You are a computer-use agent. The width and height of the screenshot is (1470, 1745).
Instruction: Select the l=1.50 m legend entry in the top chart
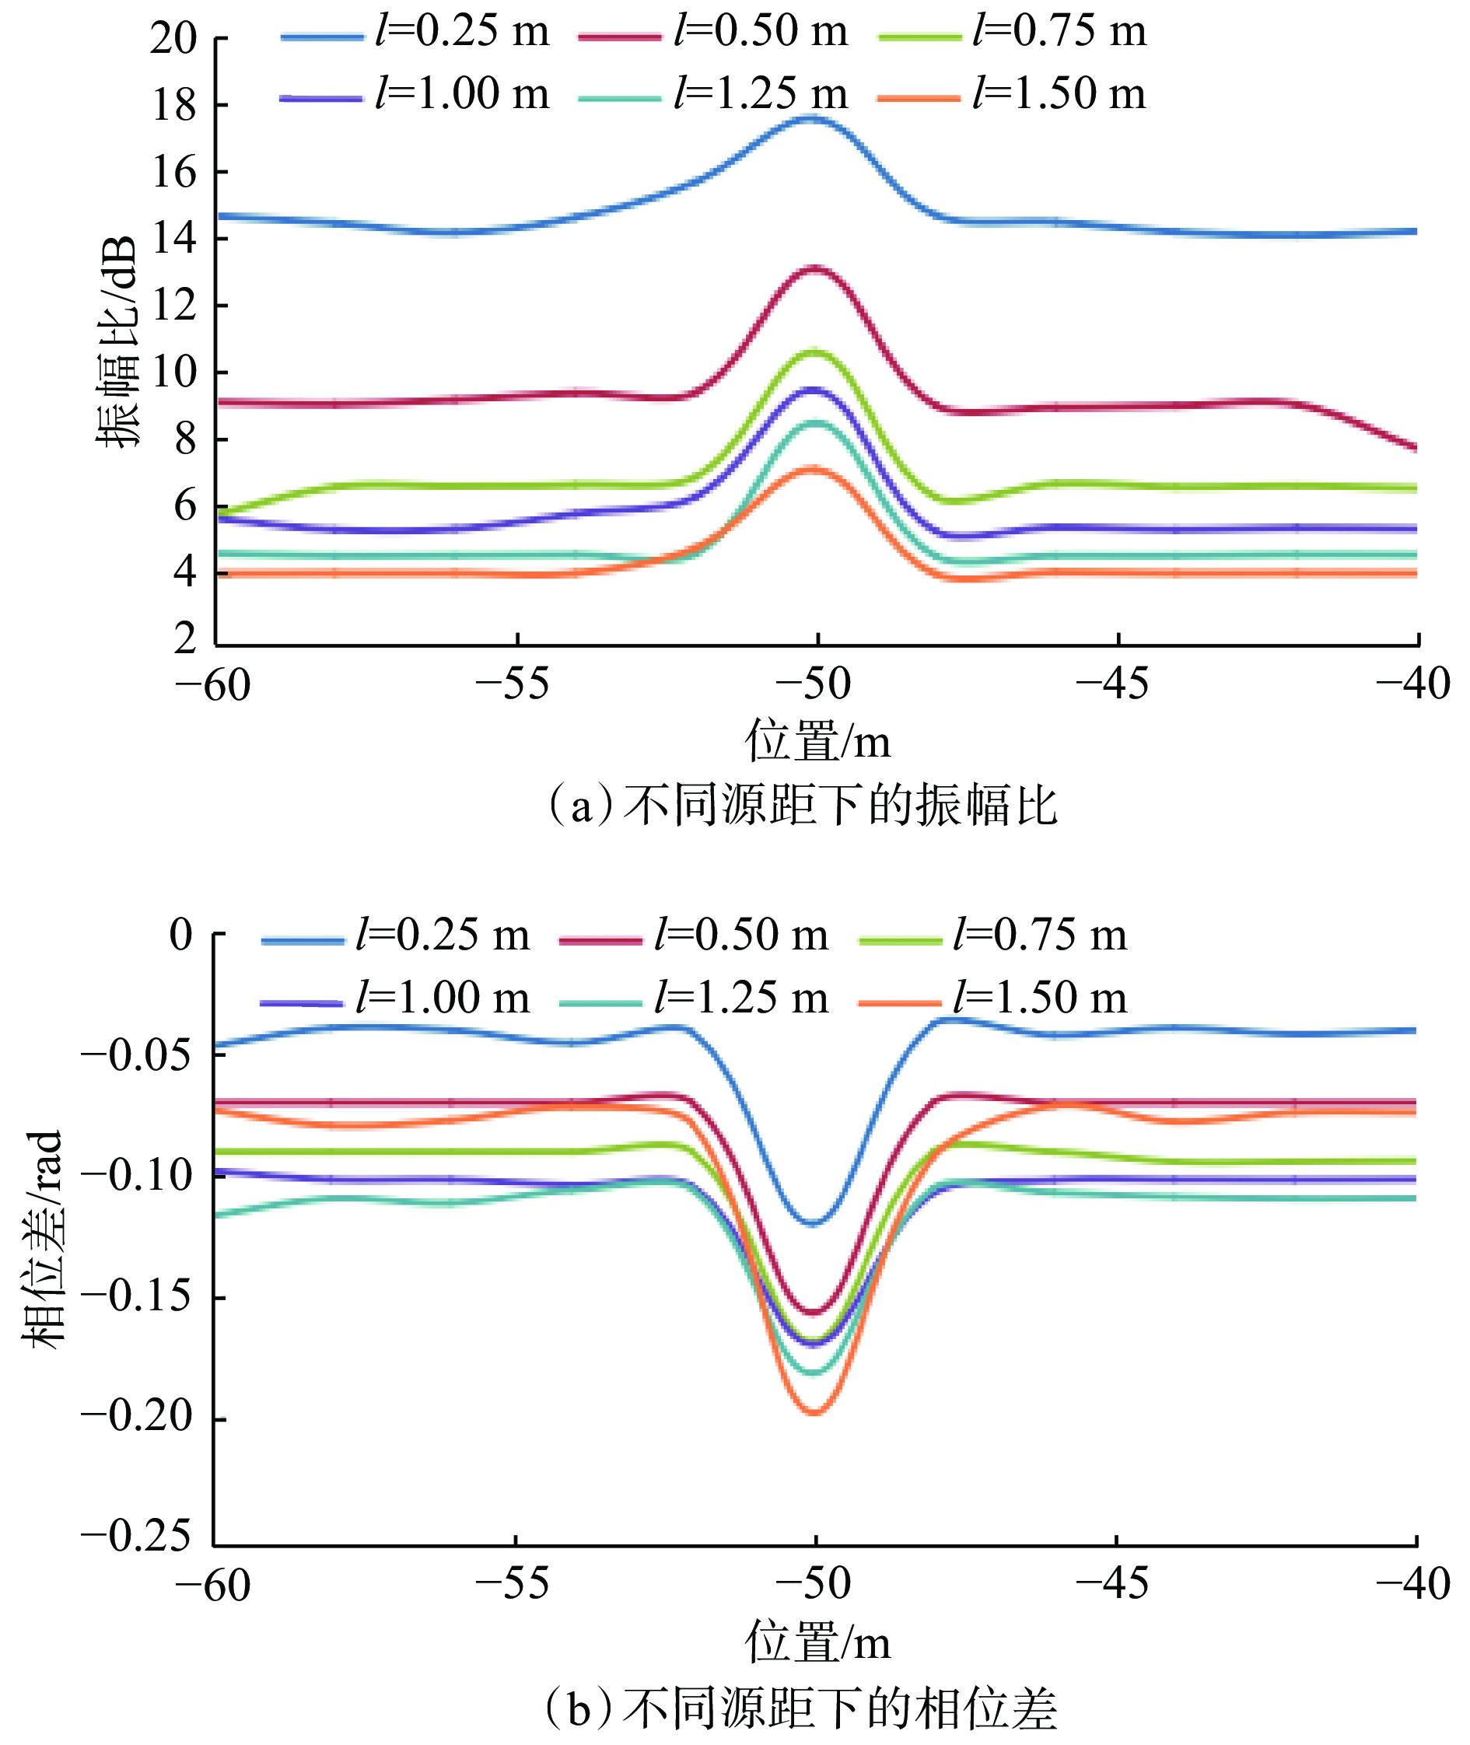(x=1013, y=95)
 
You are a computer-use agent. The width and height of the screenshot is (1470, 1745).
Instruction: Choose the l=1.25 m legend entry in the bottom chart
(x=695, y=999)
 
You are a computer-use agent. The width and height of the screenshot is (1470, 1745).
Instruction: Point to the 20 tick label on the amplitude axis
(x=173, y=38)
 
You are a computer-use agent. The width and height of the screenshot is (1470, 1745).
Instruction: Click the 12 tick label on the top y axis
(x=173, y=306)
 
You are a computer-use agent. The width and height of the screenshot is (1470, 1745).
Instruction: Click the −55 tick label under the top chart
(x=513, y=685)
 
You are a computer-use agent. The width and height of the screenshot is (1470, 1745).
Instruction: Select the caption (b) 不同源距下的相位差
(x=800, y=1708)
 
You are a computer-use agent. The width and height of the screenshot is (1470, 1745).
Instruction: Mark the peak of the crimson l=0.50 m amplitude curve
(x=814, y=268)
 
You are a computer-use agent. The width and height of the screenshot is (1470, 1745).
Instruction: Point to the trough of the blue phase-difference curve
(x=814, y=1223)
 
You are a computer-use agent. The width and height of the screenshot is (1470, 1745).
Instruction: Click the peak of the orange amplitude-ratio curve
(x=814, y=470)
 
